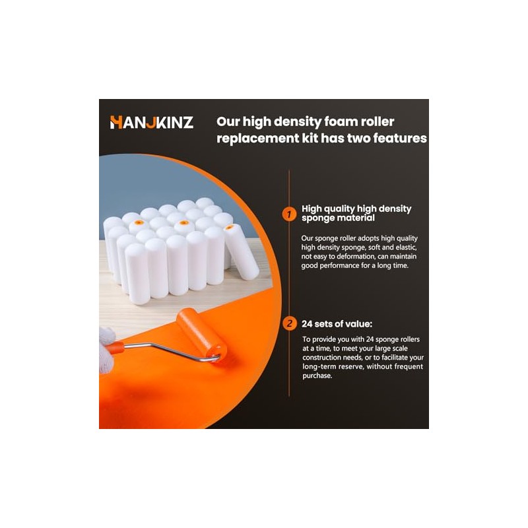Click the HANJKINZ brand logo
click(152, 123)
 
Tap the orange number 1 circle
click(289, 214)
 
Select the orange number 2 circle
click(289, 323)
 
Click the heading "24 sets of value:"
click(337, 324)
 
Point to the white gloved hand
click(107, 350)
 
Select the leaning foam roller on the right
click(241, 251)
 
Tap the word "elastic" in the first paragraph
click(406, 247)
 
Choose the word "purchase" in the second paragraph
click(317, 376)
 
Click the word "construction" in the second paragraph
click(322, 357)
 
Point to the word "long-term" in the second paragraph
click(317, 367)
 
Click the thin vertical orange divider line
click(289, 283)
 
